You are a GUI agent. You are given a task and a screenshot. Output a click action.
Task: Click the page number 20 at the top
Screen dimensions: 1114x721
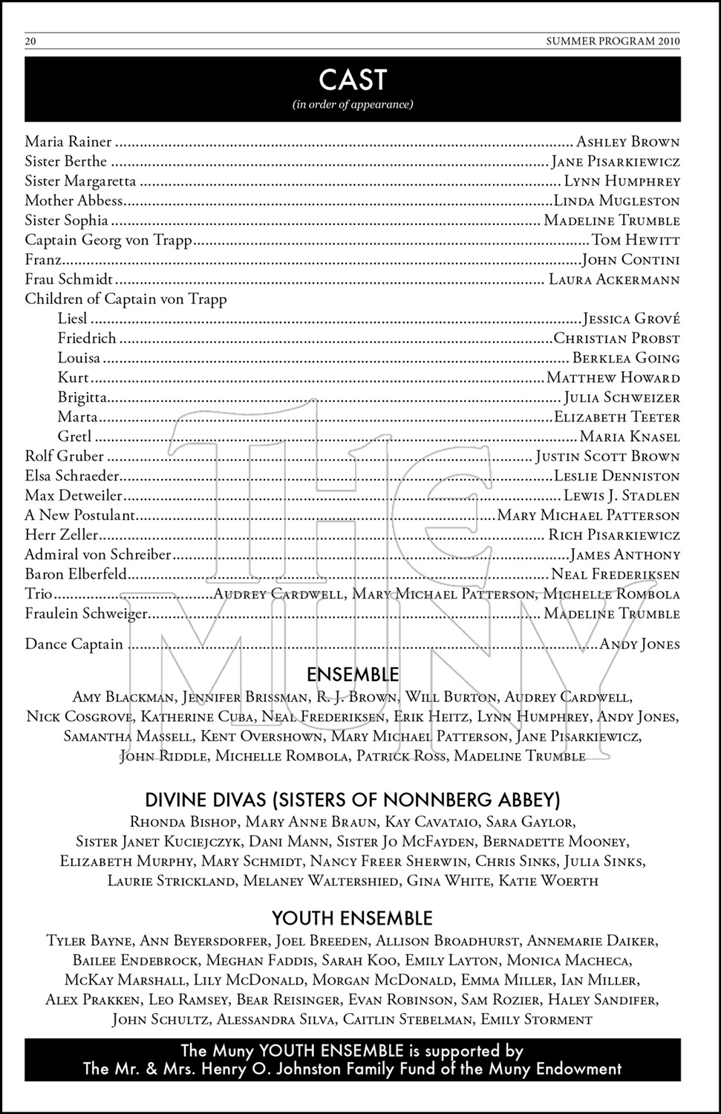point(30,42)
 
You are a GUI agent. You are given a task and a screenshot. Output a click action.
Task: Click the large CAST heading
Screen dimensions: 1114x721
point(353,79)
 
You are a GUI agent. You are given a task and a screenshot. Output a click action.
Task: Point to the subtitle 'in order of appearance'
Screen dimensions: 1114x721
point(353,104)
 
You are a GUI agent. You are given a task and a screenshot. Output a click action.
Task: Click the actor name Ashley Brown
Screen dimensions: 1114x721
point(628,142)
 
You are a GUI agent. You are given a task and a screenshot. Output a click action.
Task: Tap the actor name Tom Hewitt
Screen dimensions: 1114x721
point(636,240)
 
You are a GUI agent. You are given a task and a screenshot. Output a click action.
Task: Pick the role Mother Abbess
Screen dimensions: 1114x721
point(74,201)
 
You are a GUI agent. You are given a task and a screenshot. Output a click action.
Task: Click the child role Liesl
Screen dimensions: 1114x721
point(73,319)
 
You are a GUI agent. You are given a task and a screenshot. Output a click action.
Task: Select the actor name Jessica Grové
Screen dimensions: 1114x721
point(631,319)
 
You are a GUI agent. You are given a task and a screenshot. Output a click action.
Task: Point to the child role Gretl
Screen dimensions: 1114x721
point(75,437)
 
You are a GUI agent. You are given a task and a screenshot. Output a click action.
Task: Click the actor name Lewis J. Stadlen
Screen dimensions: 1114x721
point(622,495)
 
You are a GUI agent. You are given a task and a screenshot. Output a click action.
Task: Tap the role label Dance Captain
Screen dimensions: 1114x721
point(74,644)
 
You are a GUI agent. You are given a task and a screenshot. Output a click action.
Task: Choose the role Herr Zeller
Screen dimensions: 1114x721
point(61,535)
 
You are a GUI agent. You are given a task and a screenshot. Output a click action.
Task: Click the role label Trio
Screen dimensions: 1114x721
point(39,593)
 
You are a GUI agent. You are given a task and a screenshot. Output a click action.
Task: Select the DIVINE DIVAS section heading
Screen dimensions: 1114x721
point(353,800)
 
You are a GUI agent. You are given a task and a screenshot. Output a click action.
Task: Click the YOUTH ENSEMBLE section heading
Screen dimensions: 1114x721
point(352,919)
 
